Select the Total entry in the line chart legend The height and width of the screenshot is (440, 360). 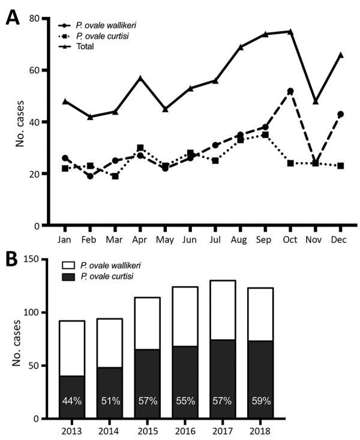tap(85, 46)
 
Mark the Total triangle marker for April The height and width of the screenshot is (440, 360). tap(140, 78)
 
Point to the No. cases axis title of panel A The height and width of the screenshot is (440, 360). tap(20, 122)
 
